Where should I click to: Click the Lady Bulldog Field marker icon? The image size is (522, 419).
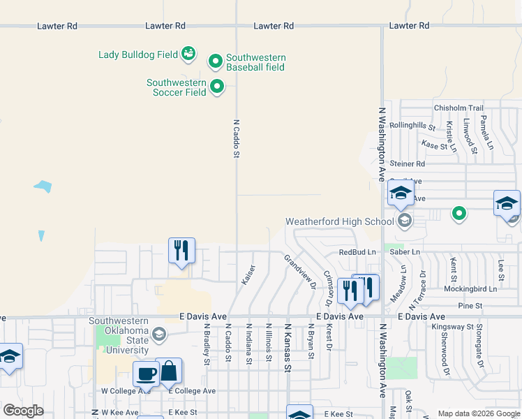(188, 53)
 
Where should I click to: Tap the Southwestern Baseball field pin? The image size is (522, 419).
(215, 62)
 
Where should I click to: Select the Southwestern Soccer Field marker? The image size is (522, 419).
(217, 87)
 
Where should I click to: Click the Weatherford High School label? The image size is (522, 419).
(340, 222)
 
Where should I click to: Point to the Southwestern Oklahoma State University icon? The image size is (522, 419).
(158, 335)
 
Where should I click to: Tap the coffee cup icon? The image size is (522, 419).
(147, 373)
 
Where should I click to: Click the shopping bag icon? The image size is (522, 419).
(169, 371)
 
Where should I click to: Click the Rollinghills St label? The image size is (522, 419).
(412, 126)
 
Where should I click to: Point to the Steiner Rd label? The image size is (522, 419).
(408, 164)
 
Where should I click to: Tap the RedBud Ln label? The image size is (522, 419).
(357, 252)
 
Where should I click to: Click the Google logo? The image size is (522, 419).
(23, 411)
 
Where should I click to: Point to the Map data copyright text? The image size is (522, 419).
(478, 413)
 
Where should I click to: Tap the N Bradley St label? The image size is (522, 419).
(207, 344)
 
